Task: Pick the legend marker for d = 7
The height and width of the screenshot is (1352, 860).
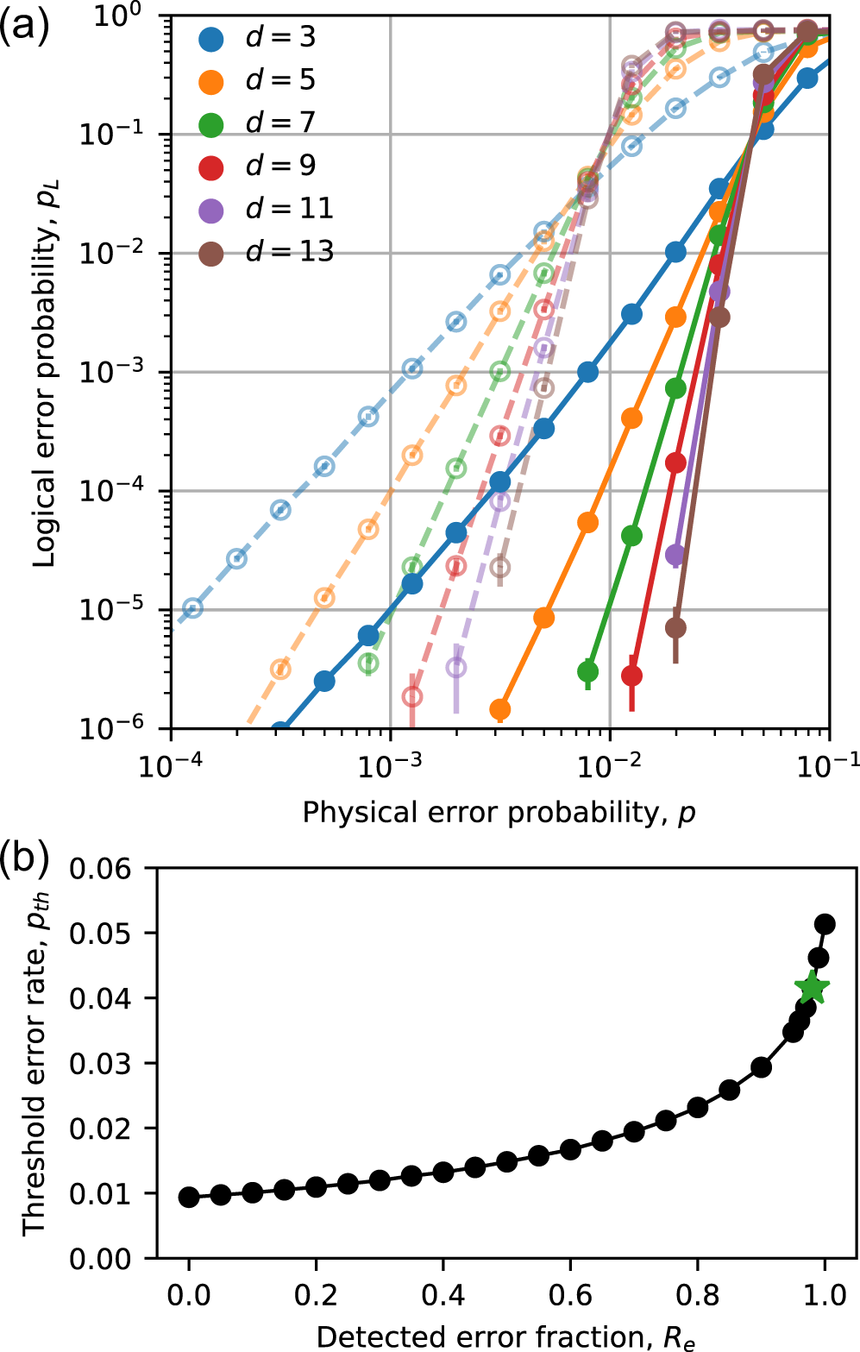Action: point(211,124)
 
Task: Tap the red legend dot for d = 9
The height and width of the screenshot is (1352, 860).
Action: point(211,167)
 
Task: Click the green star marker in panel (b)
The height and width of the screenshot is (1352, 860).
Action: point(813,989)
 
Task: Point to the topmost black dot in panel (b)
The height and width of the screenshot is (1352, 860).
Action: point(825,924)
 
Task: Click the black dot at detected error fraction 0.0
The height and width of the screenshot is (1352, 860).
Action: point(189,1197)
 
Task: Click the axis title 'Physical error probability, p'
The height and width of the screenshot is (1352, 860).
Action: point(499,813)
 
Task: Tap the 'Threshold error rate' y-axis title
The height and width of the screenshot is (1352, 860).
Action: point(35,1063)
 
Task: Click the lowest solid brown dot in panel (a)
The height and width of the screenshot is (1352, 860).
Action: point(675,628)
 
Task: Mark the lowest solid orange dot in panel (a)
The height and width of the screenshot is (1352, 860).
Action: point(499,709)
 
